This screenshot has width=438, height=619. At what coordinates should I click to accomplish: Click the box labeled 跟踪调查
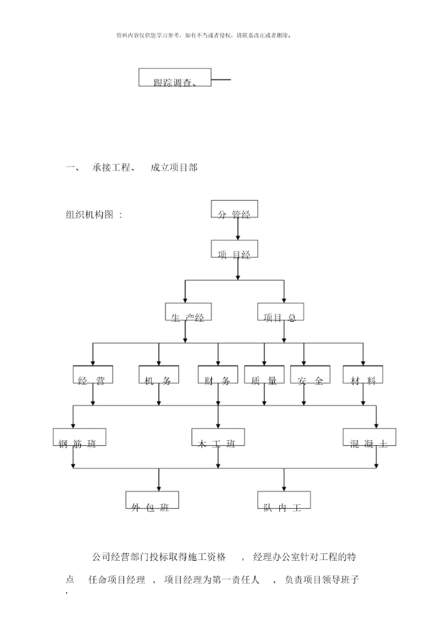[x=175, y=78]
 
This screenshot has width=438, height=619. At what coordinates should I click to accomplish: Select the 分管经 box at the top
[x=234, y=209]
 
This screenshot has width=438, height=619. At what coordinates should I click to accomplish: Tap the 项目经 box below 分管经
[x=234, y=249]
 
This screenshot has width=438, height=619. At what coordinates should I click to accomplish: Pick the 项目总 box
[x=280, y=313]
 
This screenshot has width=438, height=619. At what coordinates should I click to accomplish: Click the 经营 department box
[x=92, y=375]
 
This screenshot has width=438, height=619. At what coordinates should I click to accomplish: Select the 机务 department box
[x=158, y=375]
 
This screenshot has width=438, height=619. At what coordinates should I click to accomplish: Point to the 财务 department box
[x=218, y=375]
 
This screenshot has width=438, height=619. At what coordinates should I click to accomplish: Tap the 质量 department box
[x=264, y=375]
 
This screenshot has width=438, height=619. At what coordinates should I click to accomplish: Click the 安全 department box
[x=310, y=375]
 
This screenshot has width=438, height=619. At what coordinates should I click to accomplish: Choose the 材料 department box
[x=363, y=375]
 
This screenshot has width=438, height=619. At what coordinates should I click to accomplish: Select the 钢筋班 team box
[x=79, y=438]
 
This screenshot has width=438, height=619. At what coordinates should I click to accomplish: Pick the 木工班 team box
[x=218, y=438]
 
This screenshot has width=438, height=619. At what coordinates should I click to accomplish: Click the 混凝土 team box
[x=369, y=438]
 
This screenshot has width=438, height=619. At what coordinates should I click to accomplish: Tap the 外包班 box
[x=152, y=500]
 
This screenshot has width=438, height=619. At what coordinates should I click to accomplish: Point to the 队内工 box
[x=283, y=500]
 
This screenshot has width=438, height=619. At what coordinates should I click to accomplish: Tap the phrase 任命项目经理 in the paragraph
[x=116, y=580]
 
